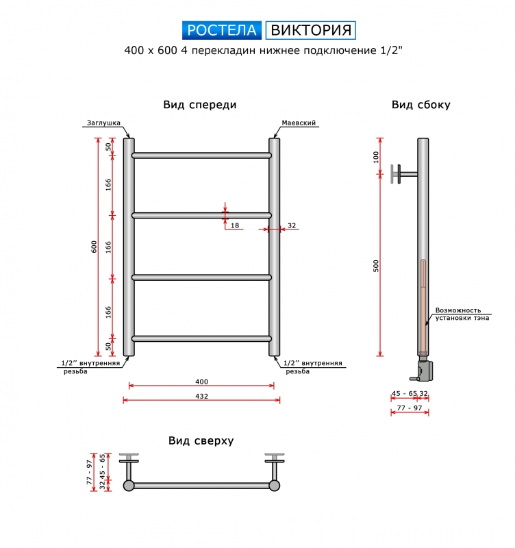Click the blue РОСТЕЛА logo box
coord(221,30)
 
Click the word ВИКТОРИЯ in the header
coord(311,30)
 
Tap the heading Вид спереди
coord(200,105)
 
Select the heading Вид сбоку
coord(421,105)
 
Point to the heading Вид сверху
coord(201,440)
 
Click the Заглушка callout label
coord(104,123)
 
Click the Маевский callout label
coord(299,123)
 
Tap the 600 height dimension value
coord(94,247)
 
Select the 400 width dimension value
coord(201,382)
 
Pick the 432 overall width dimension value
coord(201,397)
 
